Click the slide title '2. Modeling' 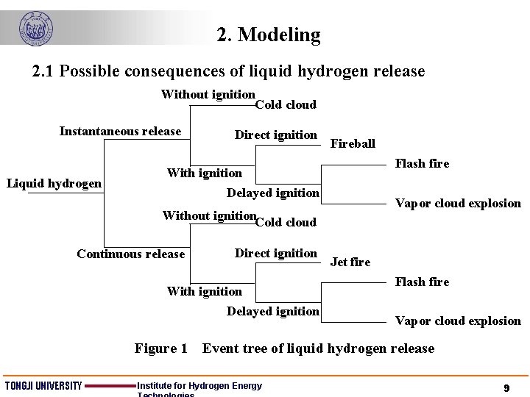[269, 35]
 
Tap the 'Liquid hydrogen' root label [54, 184]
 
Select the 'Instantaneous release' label [120, 132]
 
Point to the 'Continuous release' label [130, 254]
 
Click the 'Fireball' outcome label [353, 144]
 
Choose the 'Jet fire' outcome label [350, 262]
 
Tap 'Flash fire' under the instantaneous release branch [422, 164]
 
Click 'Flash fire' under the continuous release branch [422, 282]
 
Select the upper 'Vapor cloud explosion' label [458, 204]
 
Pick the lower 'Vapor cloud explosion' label [458, 321]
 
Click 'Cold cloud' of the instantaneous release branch [286, 105]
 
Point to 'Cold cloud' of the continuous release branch [286, 223]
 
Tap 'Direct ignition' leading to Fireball [275, 135]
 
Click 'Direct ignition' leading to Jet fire [275, 254]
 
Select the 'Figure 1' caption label [161, 348]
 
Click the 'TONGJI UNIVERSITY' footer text [43, 387]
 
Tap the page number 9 [506, 387]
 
